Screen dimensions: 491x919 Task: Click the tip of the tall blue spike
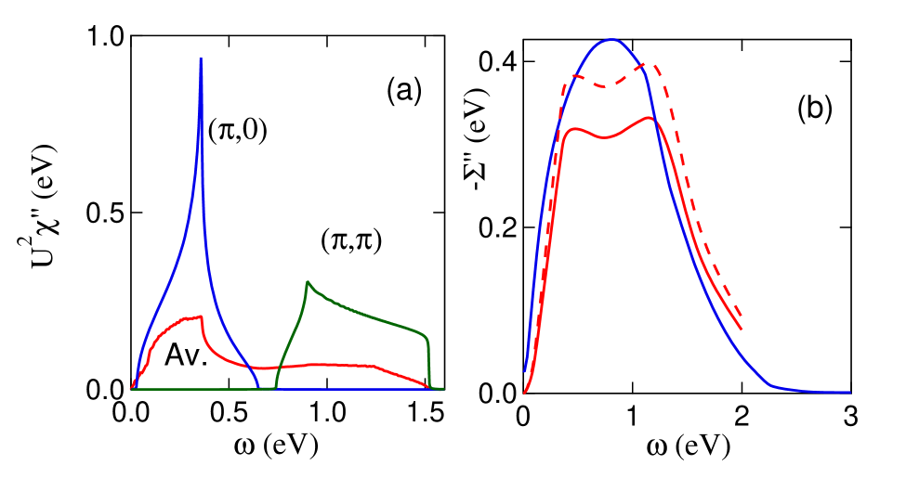[201, 59]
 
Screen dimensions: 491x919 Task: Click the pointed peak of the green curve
[308, 281]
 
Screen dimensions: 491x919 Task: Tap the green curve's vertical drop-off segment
[429, 362]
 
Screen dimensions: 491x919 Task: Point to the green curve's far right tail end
[443, 389]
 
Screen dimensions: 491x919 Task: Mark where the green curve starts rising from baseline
[275, 388]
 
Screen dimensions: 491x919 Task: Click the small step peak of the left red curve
[202, 317]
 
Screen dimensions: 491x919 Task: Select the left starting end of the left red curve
[132, 387]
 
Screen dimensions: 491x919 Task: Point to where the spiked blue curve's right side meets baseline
[259, 388]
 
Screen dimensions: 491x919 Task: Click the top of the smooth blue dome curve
[610, 40]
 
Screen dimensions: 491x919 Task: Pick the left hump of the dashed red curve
[572, 77]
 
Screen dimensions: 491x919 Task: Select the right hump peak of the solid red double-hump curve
[650, 118]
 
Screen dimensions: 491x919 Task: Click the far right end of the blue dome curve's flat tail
[849, 393]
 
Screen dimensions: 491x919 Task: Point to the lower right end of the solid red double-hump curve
[741, 329]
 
